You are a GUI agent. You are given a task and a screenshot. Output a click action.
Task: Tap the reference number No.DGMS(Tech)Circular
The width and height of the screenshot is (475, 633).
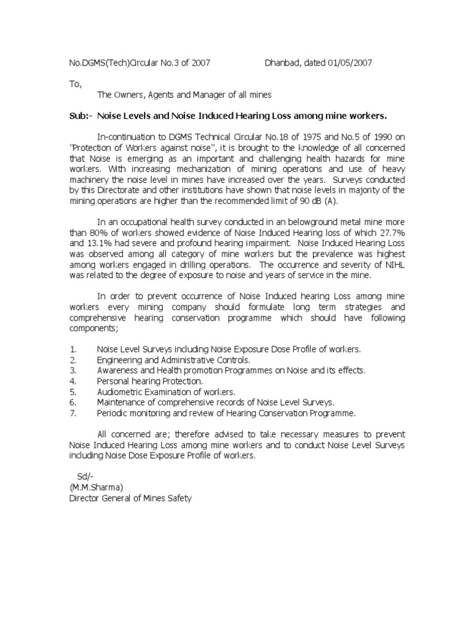point(111,62)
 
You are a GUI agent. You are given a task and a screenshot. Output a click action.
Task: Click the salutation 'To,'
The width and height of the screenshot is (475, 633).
point(75,83)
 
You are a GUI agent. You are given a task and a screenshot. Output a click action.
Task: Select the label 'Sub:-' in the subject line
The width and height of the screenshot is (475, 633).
point(80,116)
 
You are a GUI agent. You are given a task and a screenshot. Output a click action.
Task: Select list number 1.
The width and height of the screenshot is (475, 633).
point(72,349)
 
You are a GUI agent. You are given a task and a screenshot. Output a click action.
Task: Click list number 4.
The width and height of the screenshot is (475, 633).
point(72,381)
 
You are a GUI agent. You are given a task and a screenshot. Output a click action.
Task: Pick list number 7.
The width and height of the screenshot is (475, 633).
point(72,412)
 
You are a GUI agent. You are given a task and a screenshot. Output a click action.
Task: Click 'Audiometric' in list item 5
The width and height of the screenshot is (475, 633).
point(120,391)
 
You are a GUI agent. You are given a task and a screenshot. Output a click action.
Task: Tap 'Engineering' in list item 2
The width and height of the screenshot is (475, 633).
point(119,360)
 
